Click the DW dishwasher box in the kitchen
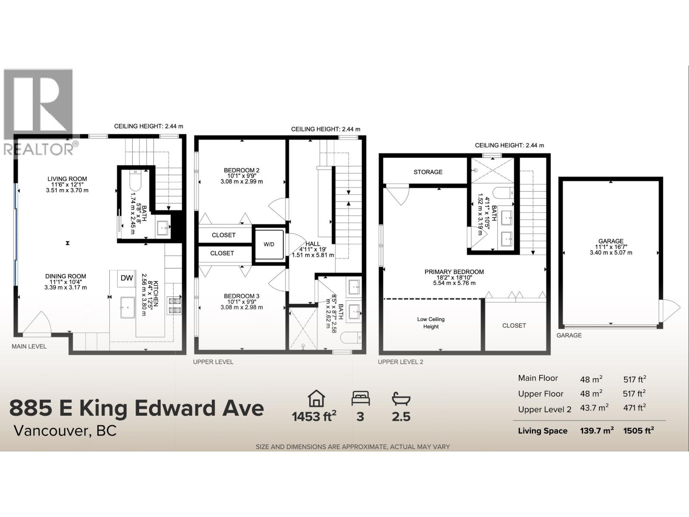[127, 278]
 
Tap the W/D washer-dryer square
[269, 244]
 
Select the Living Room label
[67, 179]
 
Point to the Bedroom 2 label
[242, 170]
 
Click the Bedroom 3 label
[242, 296]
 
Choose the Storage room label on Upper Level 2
[428, 172]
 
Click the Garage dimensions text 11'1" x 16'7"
[611, 247]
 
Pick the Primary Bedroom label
[454, 272]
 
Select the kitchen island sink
[128, 307]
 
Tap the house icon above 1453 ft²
[316, 398]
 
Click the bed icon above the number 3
[360, 398]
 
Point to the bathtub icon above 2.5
[401, 398]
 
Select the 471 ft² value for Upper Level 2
[635, 408]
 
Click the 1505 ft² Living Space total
[638, 430]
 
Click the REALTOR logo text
[39, 149]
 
